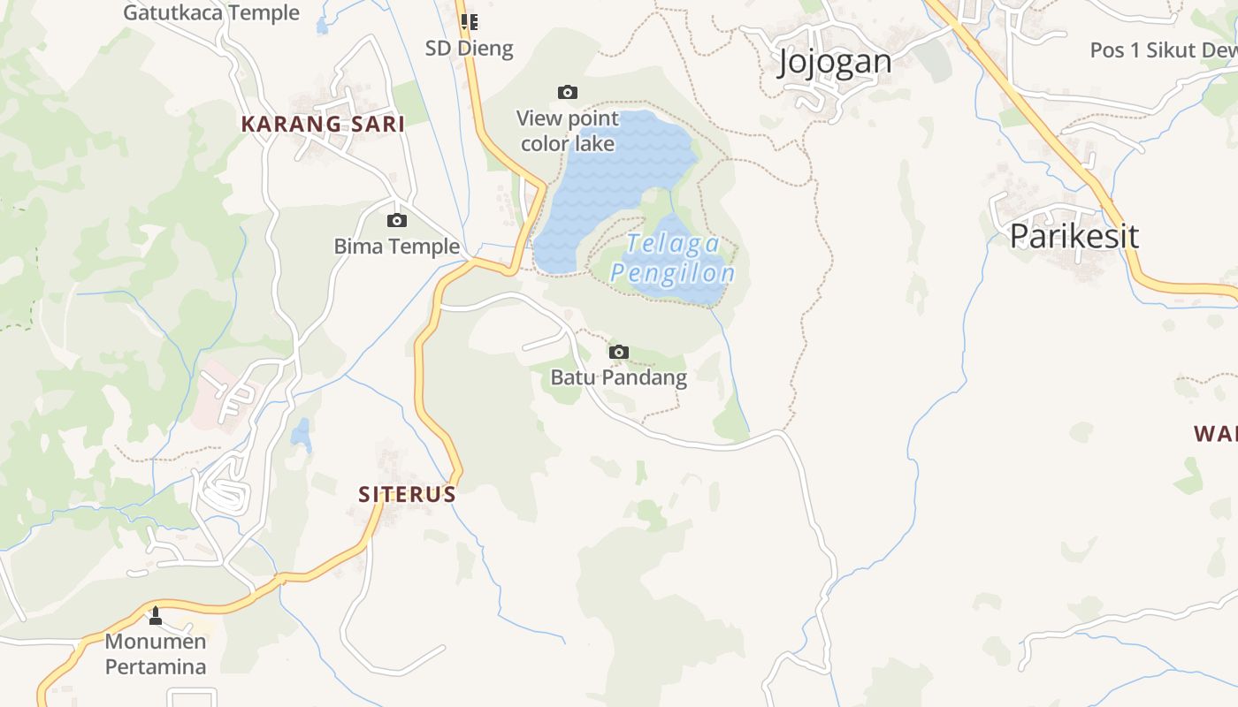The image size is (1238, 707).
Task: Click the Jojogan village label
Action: click(x=835, y=62)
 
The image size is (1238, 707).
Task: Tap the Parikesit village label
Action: click(x=1074, y=236)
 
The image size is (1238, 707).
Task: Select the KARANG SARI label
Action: click(x=323, y=125)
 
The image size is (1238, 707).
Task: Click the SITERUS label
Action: click(x=407, y=495)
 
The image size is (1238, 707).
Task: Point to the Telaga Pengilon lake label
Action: click(x=673, y=259)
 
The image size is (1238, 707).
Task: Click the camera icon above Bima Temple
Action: click(x=397, y=220)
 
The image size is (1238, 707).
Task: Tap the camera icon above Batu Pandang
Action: click(x=619, y=352)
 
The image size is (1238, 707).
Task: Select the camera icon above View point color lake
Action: click(x=568, y=92)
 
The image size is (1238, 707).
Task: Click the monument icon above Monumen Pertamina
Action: click(x=156, y=615)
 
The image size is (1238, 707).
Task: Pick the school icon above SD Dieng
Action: click(x=469, y=21)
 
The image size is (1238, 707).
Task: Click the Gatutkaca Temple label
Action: click(x=211, y=12)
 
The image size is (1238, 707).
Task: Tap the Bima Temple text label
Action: click(x=397, y=247)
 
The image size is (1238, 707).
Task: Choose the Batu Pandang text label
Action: click(x=618, y=378)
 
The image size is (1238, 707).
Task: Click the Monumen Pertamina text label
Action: click(x=156, y=654)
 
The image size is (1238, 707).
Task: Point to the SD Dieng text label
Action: click(x=469, y=48)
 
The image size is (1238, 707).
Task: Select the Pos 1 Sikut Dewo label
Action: click(x=1163, y=50)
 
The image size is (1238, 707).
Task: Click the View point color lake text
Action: click(x=568, y=131)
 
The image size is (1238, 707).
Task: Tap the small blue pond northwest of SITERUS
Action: click(x=302, y=434)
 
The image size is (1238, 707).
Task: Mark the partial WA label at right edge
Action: click(x=1216, y=434)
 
